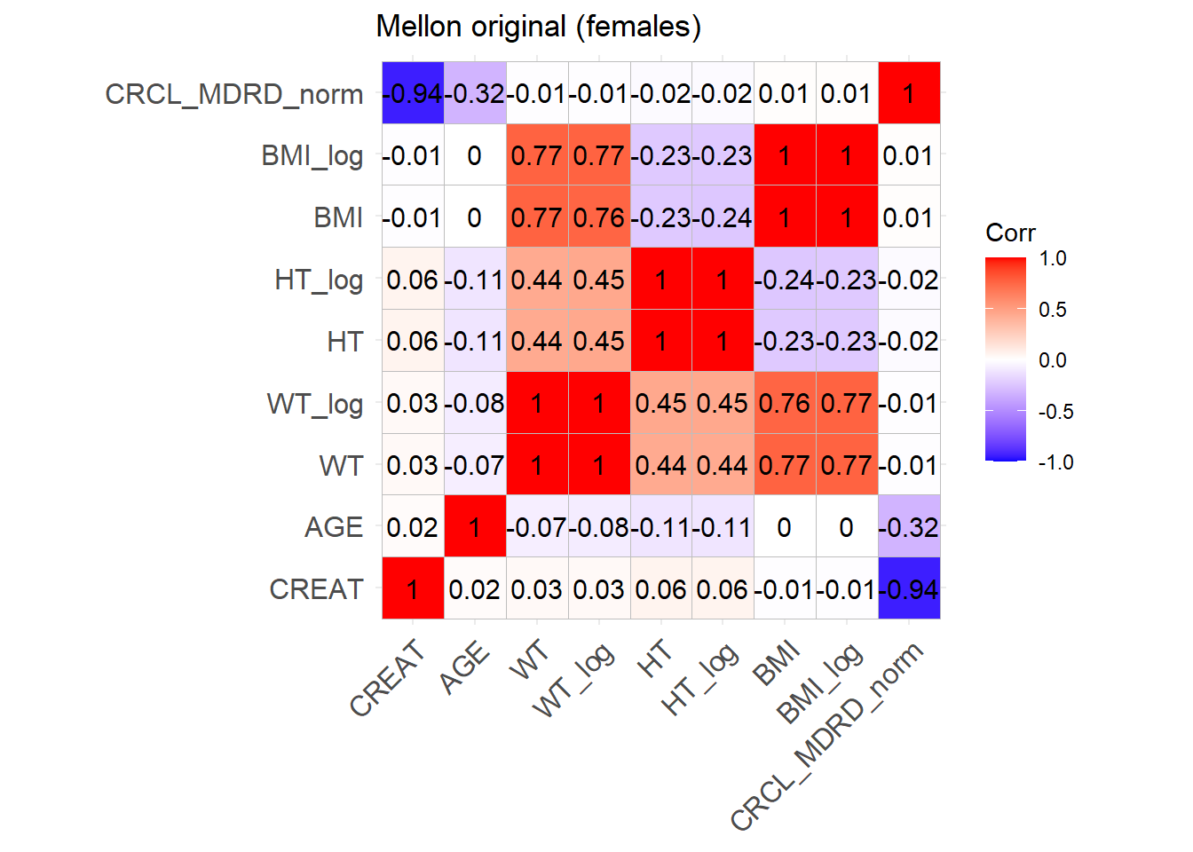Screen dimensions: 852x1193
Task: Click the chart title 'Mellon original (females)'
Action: tap(538, 27)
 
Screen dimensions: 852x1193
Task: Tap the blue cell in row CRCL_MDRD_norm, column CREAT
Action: tap(413, 93)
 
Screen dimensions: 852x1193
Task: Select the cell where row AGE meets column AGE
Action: tap(475, 527)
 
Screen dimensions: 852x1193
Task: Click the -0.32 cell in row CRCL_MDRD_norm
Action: tap(475, 93)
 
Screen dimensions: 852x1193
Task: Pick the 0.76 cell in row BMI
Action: tap(599, 217)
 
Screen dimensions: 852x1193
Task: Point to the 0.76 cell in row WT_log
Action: tap(785, 403)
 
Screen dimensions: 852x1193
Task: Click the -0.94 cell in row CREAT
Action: tap(908, 589)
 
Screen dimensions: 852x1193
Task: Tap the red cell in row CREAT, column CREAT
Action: tap(413, 589)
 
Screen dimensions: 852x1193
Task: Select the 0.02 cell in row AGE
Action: tap(413, 527)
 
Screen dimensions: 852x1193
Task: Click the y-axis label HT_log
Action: tap(319, 280)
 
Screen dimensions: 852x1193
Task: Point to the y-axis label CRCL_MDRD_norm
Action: tap(233, 94)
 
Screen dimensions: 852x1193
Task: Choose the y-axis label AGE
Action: tap(334, 527)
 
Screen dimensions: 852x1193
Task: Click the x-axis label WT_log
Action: tap(575, 679)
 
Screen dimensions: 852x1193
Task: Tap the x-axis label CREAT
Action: tap(388, 678)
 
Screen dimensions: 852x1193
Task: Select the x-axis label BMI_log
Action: tap(820, 682)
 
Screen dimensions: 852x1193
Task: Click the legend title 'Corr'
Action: tap(1010, 233)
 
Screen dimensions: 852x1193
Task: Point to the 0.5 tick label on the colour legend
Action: tap(1053, 310)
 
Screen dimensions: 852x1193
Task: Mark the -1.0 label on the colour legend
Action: tap(1055, 462)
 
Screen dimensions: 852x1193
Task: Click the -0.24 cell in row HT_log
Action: tap(785, 280)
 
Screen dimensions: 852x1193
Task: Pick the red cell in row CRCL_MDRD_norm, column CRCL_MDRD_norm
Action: tap(908, 93)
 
